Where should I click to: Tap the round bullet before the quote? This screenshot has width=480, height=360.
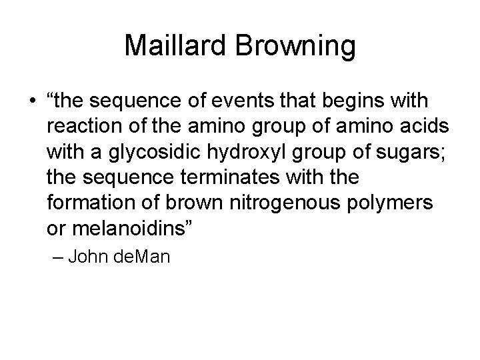click(x=32, y=103)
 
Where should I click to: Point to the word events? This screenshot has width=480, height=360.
click(x=245, y=103)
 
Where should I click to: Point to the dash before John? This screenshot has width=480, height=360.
click(x=55, y=256)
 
